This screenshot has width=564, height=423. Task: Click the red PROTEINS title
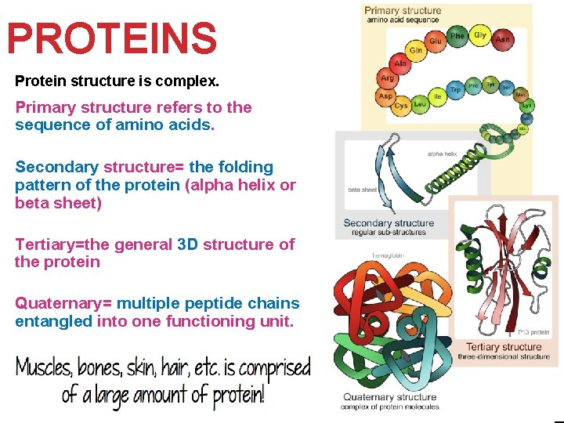111,38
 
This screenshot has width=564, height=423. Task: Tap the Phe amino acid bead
457,36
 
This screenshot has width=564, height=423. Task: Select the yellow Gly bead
480,35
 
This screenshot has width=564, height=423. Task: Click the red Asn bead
503,38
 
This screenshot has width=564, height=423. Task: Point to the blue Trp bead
455,89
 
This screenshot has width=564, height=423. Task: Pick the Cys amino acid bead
401,105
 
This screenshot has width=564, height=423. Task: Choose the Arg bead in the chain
387,78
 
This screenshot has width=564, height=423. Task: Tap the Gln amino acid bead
415,50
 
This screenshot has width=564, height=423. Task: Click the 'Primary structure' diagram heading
403,10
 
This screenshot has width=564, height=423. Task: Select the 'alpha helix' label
441,154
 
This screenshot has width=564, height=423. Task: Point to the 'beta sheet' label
362,188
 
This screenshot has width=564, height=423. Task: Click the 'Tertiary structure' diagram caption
503,346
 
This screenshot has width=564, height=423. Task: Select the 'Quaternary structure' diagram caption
389,397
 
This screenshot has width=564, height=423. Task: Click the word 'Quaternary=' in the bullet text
63,303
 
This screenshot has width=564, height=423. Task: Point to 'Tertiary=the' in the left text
63,244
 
